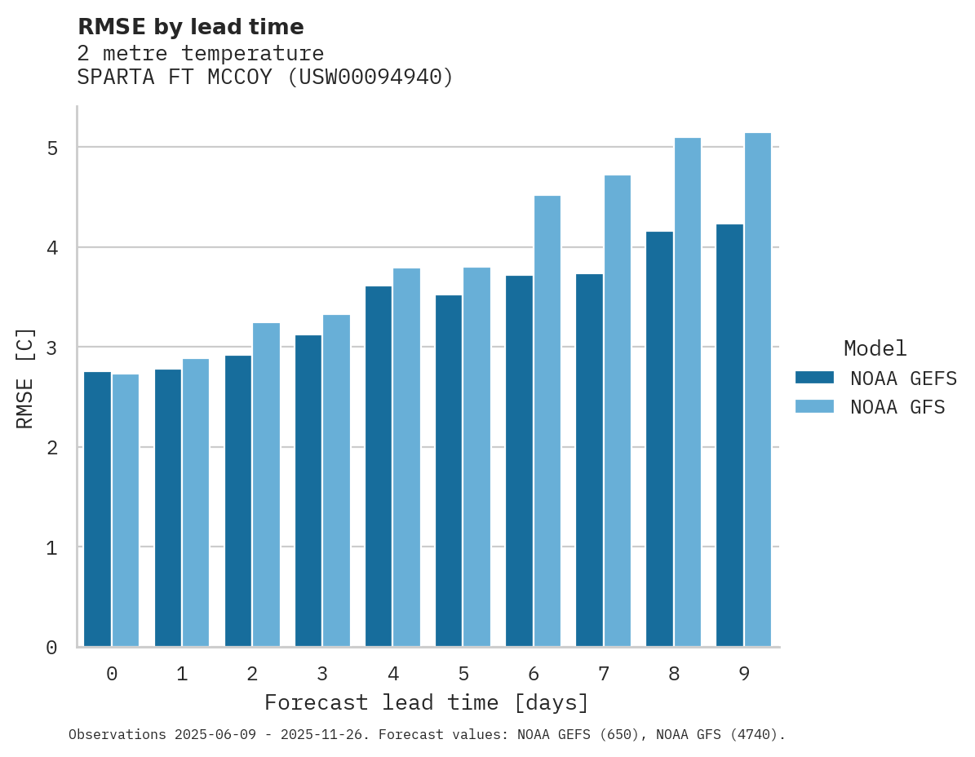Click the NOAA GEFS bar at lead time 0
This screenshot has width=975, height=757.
pyautogui.click(x=98, y=509)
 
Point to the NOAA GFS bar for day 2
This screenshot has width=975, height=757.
pyautogui.click(x=267, y=485)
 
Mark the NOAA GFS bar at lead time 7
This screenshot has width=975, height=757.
pyautogui.click(x=618, y=411)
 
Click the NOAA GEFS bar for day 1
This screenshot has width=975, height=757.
pyautogui.click(x=168, y=507)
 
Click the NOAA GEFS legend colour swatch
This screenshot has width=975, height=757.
pyautogui.click(x=814, y=378)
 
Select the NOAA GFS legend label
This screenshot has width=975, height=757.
pyautogui.click(x=897, y=407)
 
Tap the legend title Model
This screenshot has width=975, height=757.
pyautogui.click(x=875, y=349)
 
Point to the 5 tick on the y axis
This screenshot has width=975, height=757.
pyautogui.click(x=52, y=148)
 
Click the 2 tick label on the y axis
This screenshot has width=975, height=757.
pyautogui.click(x=52, y=448)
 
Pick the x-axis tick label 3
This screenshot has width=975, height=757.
pyautogui.click(x=323, y=675)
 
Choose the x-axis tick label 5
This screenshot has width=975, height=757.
pyautogui.click(x=463, y=675)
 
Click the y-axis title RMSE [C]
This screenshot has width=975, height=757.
pyautogui.click(x=25, y=378)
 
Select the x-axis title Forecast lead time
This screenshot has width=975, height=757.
pyautogui.click(x=426, y=702)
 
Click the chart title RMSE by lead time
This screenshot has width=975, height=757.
pyautogui.click(x=190, y=27)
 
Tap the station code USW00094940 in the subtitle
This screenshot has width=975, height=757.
pyautogui.click(x=371, y=77)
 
